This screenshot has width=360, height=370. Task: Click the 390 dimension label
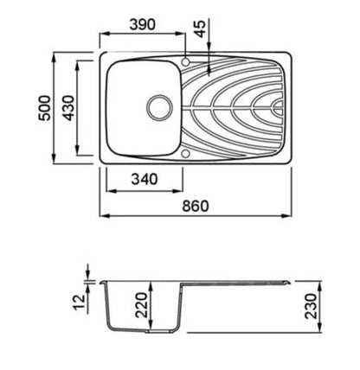point(142,25)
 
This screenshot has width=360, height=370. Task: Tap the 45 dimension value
point(201,29)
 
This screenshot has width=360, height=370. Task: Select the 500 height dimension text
point(45,108)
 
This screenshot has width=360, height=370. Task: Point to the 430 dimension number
point(69,108)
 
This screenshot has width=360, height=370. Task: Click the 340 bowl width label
point(145,179)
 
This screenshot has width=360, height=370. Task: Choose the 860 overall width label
point(196,207)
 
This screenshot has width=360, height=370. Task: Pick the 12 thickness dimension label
point(80,301)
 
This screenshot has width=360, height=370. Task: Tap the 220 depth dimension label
point(142,305)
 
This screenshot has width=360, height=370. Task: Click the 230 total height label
point(312,306)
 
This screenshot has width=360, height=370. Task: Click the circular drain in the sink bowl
point(159,108)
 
